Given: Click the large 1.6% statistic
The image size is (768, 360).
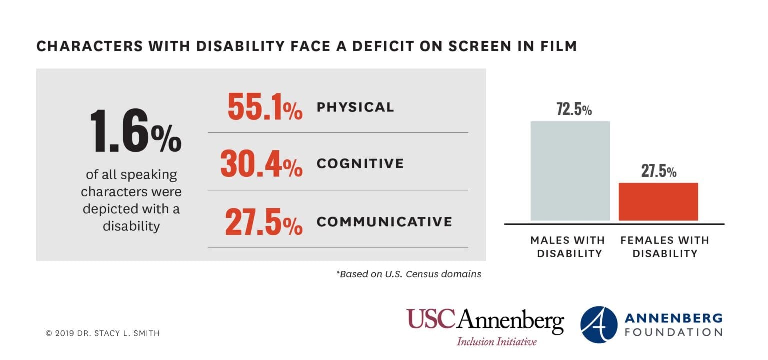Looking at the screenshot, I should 135,131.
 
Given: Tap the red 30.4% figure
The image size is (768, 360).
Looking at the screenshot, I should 261,164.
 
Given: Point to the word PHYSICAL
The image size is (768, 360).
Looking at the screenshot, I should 355,107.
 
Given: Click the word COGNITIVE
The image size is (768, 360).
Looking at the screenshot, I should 360,163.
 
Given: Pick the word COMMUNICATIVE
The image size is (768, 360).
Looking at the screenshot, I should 384,221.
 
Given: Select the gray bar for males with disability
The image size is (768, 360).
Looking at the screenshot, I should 570,171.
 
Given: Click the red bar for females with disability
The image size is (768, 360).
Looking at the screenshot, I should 658,202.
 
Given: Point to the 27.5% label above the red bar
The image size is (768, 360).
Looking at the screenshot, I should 659,171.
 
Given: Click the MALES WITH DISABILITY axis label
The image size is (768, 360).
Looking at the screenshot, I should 567,247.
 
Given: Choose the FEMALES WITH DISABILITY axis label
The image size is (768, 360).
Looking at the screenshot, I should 664,247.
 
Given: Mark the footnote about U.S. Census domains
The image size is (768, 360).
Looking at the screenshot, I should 409,274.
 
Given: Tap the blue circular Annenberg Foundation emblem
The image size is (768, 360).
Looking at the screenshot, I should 599,325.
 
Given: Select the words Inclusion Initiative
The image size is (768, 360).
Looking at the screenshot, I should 496,342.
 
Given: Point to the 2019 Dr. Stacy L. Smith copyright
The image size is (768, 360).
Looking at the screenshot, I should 102,333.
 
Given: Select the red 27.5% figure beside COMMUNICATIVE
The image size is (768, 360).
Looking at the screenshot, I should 263,222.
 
